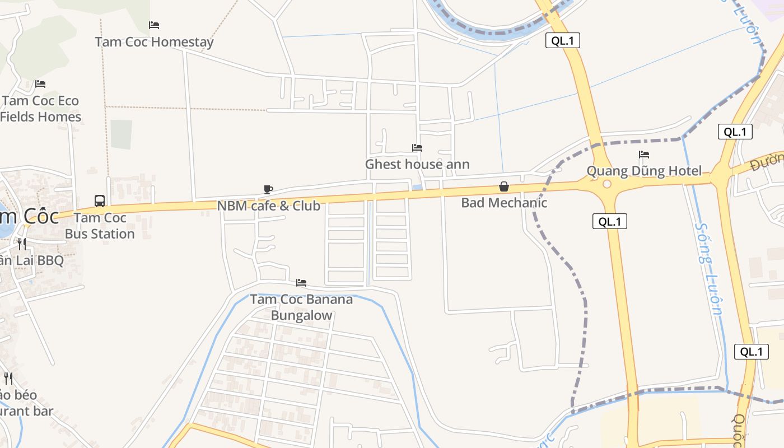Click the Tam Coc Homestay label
click(x=154, y=41)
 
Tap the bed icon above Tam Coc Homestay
click(x=154, y=25)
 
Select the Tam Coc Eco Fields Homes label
click(x=41, y=109)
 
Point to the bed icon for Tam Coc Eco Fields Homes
click(x=40, y=84)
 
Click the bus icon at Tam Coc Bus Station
click(x=100, y=201)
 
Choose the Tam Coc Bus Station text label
click(x=100, y=226)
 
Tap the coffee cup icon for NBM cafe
click(x=268, y=190)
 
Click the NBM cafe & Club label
click(x=269, y=206)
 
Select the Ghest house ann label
click(x=417, y=164)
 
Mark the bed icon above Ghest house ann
click(x=417, y=148)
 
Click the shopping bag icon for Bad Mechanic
click(x=504, y=186)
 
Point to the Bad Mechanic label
click(x=504, y=202)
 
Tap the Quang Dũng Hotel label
click(x=644, y=171)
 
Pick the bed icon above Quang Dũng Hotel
click(x=644, y=155)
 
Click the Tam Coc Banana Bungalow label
click(x=301, y=307)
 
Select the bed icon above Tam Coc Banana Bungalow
click(x=301, y=283)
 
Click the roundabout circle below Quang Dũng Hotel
click(x=607, y=184)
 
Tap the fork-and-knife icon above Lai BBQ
click(x=21, y=244)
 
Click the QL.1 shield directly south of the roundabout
click(x=610, y=221)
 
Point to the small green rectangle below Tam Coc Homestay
click(x=121, y=134)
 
